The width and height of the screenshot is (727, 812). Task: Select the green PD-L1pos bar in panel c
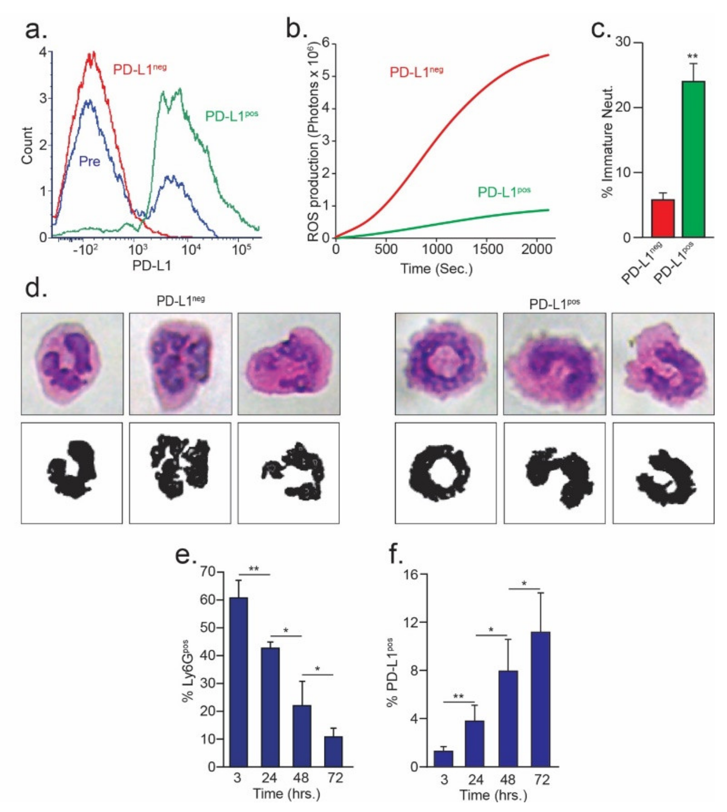coord(693,159)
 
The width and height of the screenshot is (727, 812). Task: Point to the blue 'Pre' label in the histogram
coord(90,161)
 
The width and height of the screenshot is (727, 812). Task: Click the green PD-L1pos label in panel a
coord(231,116)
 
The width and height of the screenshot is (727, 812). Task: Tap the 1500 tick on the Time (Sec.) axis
coord(487,249)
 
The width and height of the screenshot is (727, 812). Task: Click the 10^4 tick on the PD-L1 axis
coord(191,250)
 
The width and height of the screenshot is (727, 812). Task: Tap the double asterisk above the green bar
coord(693,56)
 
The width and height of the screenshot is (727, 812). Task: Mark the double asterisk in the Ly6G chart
coord(254,568)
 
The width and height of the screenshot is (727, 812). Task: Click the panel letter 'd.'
coord(36,288)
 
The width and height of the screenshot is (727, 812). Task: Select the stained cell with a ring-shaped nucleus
coord(446,363)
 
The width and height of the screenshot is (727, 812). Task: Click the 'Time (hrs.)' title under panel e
coord(286,793)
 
